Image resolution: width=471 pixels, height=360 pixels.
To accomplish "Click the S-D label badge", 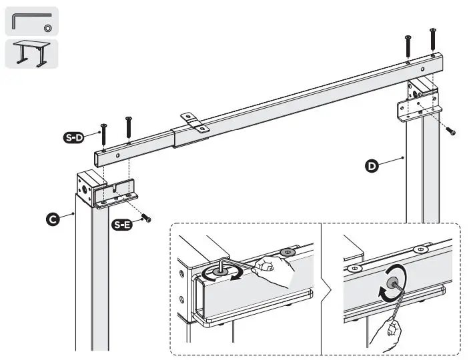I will (73, 138).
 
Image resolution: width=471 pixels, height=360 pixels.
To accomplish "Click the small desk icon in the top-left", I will (31, 53).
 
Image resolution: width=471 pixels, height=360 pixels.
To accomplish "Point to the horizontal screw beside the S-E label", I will (146, 218).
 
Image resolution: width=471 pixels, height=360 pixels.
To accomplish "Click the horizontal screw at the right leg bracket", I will (450, 131).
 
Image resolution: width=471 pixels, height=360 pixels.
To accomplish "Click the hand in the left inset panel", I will (278, 269).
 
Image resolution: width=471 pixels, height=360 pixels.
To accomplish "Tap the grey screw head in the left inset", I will (289, 252).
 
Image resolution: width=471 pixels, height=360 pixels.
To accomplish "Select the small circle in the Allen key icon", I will (48, 27).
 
